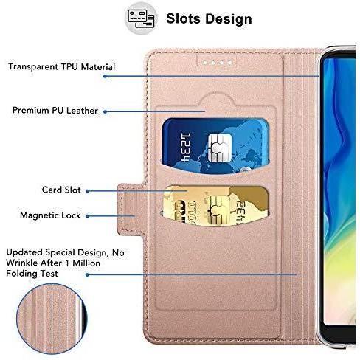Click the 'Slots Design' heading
pyautogui.click(x=209, y=19)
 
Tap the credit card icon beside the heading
pyautogui.click(x=141, y=18)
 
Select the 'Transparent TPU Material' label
pyautogui.click(x=61, y=67)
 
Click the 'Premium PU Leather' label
pyautogui.click(x=55, y=111)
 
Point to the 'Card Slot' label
pyautogui.click(x=61, y=190)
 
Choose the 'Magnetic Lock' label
pyautogui.click(x=50, y=215)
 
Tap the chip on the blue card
pyautogui.click(x=220, y=148)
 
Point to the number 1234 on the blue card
pyautogui.click(x=186, y=148)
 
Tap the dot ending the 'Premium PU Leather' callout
pyautogui.click(x=105, y=112)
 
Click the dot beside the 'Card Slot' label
pyautogui.click(x=87, y=191)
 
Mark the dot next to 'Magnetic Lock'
pyautogui.click(x=87, y=216)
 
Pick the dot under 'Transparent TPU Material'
pyautogui.click(x=105, y=76)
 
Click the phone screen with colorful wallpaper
pyautogui.click(x=339, y=192)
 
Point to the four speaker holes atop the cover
pyautogui.click(x=217, y=63)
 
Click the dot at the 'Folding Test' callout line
pyautogui.click(x=87, y=274)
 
